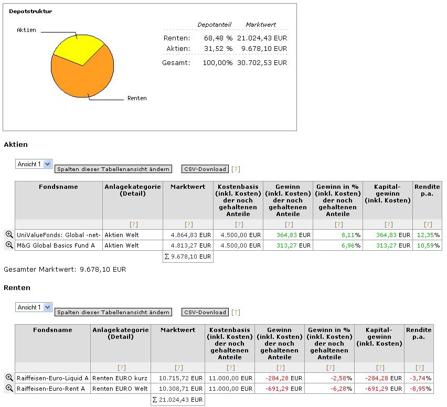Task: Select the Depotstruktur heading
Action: [x=30, y=11]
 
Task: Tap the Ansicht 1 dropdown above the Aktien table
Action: [x=34, y=164]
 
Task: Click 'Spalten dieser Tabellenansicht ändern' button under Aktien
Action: [x=113, y=169]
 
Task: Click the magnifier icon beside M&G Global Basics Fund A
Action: [x=9, y=245]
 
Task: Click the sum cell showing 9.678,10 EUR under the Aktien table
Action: [x=188, y=256]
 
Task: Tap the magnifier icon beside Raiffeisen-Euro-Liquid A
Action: [x=9, y=378]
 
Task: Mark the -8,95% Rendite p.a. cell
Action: [x=419, y=388]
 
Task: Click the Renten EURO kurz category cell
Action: [x=120, y=378]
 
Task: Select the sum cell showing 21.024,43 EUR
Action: [x=177, y=400]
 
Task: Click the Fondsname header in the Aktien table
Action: [x=58, y=187]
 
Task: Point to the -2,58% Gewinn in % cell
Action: [x=329, y=378]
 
